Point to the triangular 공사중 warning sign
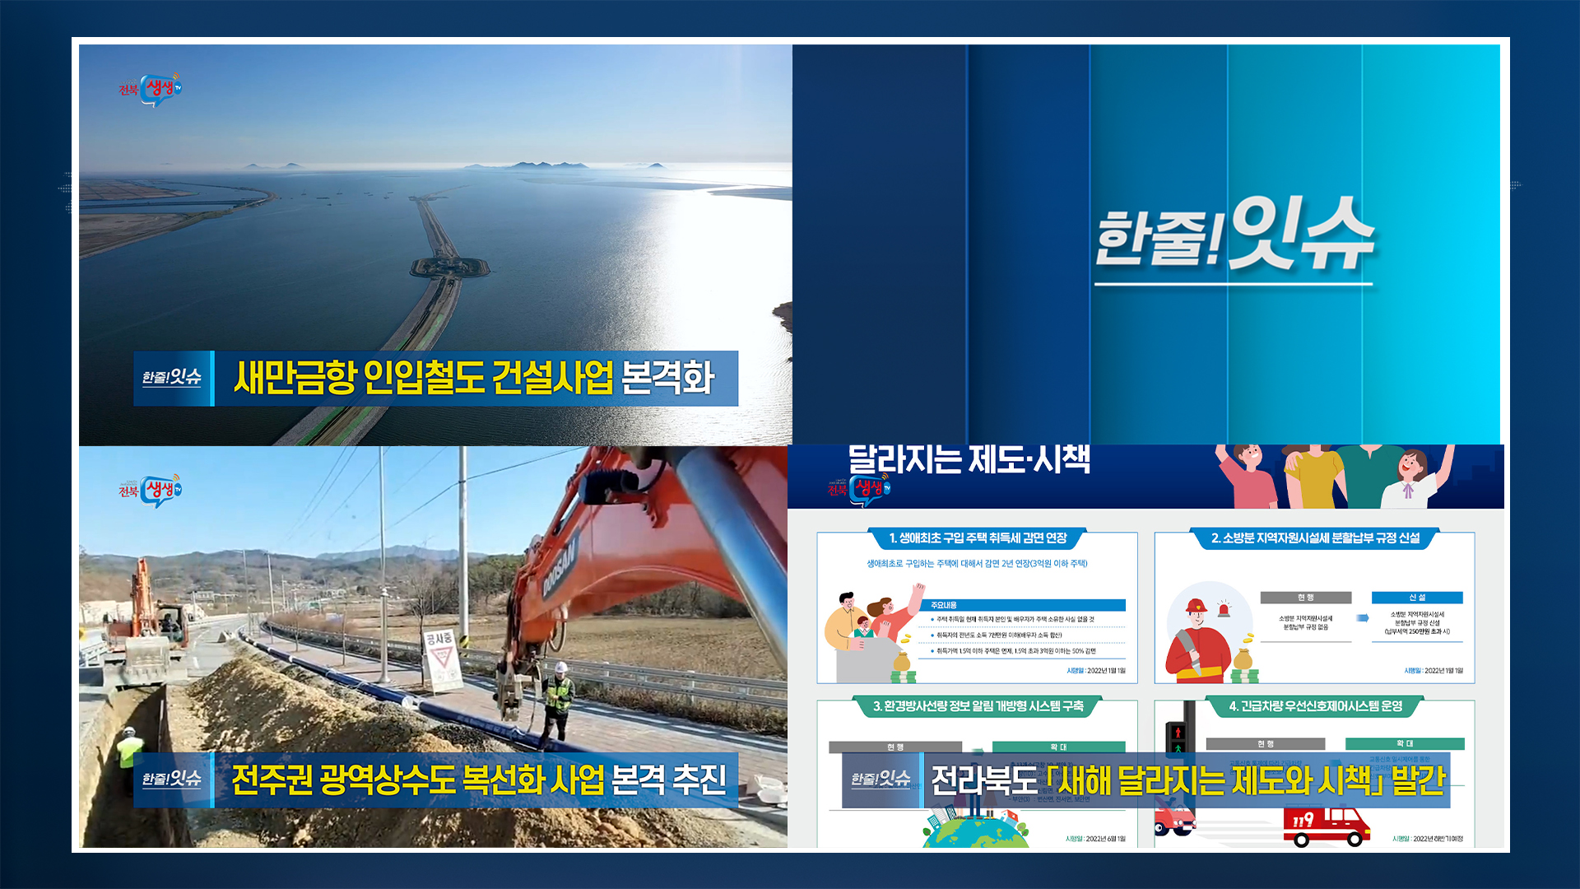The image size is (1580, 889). point(441,659)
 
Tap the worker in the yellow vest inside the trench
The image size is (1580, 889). point(129,749)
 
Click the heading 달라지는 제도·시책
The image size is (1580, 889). point(969,459)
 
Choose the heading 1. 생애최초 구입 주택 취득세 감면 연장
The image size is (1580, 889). point(978,538)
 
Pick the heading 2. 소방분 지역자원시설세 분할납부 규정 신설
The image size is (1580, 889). point(1315,538)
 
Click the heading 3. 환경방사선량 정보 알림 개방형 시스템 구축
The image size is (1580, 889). point(978,706)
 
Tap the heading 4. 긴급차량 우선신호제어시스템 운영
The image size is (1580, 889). point(1315,706)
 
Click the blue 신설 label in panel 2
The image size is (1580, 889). point(1416,598)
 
